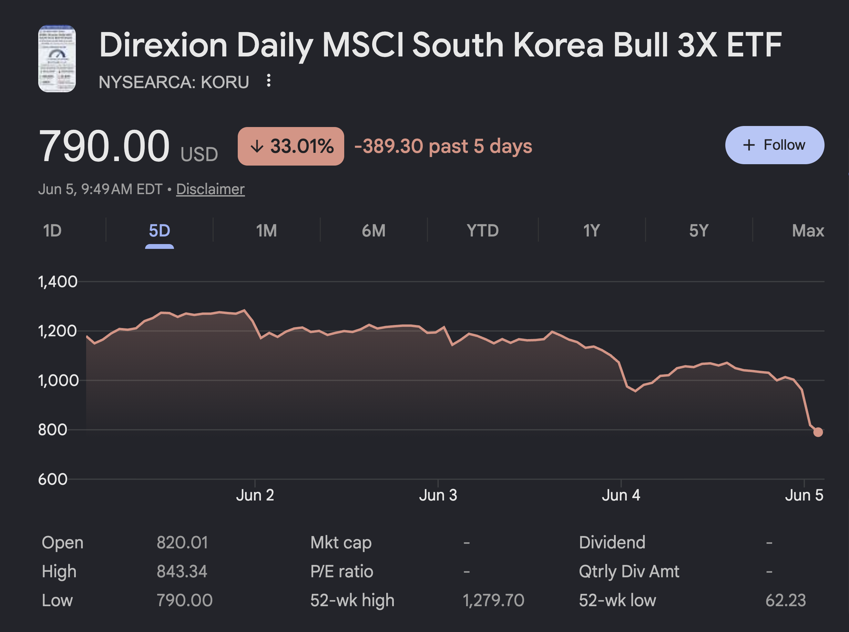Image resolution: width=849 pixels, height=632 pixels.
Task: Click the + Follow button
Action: coord(774,145)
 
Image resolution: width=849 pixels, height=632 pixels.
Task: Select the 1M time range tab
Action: coord(267,231)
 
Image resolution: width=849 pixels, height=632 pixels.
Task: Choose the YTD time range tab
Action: coord(482,231)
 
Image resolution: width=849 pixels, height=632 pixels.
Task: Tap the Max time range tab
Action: coord(808,231)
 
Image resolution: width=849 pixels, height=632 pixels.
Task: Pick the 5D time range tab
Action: coord(159,231)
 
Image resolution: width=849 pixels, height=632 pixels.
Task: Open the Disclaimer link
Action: coord(210,189)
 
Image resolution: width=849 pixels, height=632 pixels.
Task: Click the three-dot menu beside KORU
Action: coord(269,80)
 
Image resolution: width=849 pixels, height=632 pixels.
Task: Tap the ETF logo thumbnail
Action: coord(57,59)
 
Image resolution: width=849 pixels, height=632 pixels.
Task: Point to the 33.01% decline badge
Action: coord(291,146)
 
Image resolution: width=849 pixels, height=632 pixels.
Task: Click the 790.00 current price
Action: coord(104,146)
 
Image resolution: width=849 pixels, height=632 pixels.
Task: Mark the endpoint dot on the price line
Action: coord(818,432)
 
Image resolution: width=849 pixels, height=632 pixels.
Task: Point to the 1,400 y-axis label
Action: coord(58,282)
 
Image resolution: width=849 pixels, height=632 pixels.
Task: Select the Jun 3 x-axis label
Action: coord(438,495)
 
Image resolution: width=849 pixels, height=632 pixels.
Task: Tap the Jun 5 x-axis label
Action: coord(804,495)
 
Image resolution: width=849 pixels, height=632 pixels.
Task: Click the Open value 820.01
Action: coord(182,543)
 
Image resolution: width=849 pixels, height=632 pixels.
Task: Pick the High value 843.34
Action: coord(182,571)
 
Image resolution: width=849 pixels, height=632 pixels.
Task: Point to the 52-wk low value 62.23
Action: coord(786,600)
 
